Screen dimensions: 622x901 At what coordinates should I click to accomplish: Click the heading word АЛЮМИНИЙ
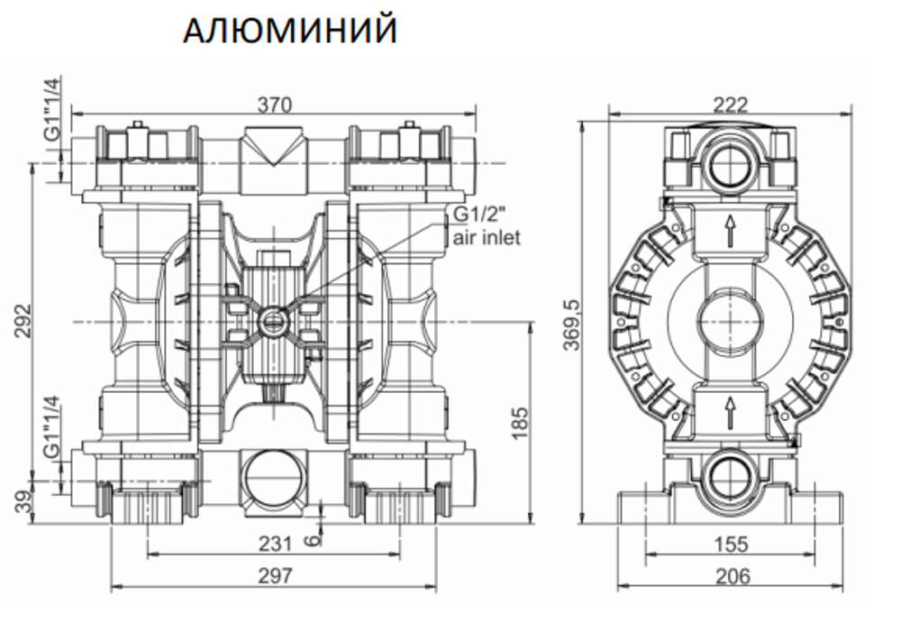click(289, 31)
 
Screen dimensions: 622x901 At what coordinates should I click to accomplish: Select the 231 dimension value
click(275, 544)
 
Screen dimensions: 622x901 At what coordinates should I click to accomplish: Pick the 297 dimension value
click(275, 576)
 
